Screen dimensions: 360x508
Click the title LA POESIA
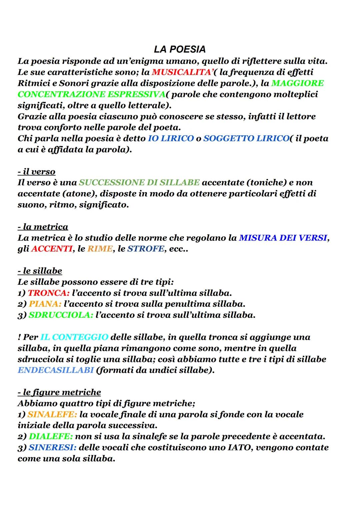pyautogui.click(x=180, y=49)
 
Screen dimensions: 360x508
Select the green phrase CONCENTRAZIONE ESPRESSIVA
pyautogui.click(x=91, y=94)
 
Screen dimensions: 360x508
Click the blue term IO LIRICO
pyautogui.click(x=171, y=138)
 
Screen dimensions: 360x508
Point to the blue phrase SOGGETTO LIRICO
pyautogui.click(x=246, y=138)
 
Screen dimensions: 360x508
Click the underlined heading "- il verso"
pyautogui.click(x=36, y=172)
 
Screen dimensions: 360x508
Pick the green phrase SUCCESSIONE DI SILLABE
pyautogui.click(x=139, y=183)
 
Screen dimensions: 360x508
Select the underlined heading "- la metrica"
pyautogui.click(x=43, y=227)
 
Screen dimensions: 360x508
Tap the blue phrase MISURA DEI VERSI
pyautogui.click(x=283, y=238)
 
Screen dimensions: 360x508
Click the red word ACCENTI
pyautogui.click(x=52, y=249)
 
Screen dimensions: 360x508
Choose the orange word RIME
pyautogui.click(x=100, y=249)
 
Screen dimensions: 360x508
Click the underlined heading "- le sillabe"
pyautogui.click(x=40, y=271)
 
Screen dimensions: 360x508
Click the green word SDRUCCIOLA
pyautogui.click(x=60, y=315)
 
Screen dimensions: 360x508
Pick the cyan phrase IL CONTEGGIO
pyautogui.click(x=74, y=337)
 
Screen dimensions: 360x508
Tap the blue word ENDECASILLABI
pyautogui.click(x=55, y=370)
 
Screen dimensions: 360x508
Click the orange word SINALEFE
pyautogui.click(x=52, y=414)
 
